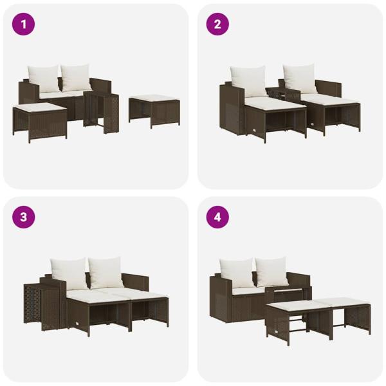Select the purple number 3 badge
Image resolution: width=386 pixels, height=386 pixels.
tap(24, 217)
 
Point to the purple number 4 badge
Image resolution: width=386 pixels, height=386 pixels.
tap(217, 217)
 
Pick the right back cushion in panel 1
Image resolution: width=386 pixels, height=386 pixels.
tap(76, 78)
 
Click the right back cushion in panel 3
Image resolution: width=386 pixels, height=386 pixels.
tap(106, 272)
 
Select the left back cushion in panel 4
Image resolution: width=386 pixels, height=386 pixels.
tap(236, 272)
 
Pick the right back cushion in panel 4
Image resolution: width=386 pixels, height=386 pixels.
tap(271, 272)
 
